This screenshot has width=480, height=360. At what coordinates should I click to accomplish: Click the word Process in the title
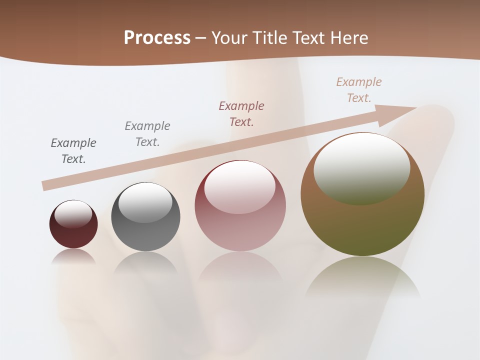click(x=157, y=38)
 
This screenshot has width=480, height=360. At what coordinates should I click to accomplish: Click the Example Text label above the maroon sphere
click(x=73, y=151)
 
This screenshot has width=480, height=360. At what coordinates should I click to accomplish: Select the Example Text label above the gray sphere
click(x=147, y=133)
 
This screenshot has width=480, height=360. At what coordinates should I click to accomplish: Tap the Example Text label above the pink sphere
click(x=241, y=113)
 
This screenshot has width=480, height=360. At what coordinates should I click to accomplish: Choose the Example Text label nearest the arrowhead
click(x=359, y=90)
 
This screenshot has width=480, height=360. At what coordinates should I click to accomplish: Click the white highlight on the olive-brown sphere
click(x=361, y=169)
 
